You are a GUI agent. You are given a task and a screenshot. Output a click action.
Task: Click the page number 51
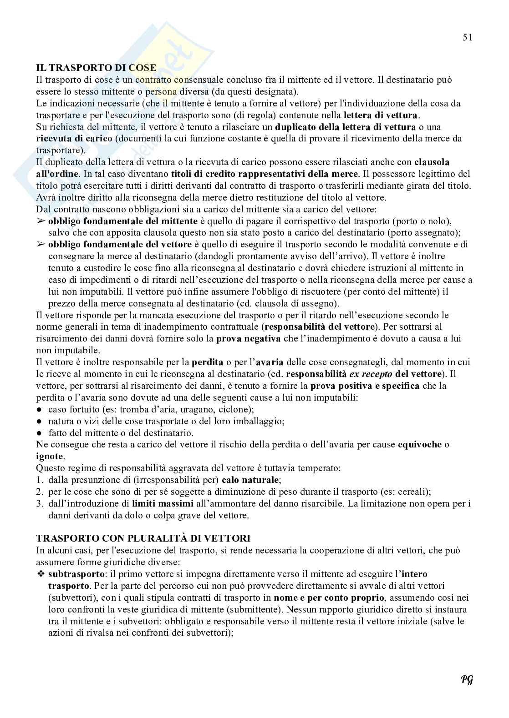point(467,38)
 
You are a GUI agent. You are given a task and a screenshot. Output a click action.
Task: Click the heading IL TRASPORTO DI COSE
point(96,68)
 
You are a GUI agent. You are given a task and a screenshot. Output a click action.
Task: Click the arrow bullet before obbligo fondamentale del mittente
point(41,221)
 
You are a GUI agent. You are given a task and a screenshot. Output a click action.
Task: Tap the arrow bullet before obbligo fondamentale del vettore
point(41,245)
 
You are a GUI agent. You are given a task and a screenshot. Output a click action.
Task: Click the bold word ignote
point(50,456)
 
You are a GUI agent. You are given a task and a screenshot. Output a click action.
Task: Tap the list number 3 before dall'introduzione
point(39,503)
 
